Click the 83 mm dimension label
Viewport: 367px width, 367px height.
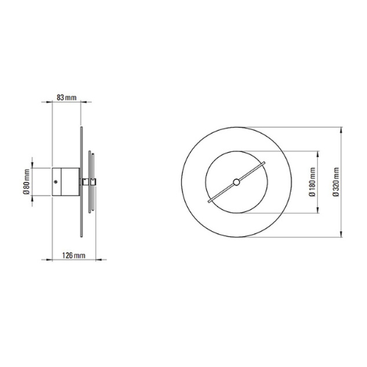click(x=67, y=98)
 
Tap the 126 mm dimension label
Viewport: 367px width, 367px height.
click(x=73, y=255)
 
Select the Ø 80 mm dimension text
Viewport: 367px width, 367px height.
click(x=26, y=181)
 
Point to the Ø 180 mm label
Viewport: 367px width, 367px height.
click(x=312, y=182)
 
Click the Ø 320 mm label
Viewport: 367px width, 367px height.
click(x=336, y=182)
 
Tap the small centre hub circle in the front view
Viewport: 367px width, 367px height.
click(x=236, y=182)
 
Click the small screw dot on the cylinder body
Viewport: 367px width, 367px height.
click(x=56, y=181)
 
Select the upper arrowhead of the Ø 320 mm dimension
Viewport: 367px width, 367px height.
click(x=341, y=130)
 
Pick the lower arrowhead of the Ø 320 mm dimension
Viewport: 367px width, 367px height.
click(x=341, y=234)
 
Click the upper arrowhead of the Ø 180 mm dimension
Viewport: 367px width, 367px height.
click(x=318, y=154)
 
